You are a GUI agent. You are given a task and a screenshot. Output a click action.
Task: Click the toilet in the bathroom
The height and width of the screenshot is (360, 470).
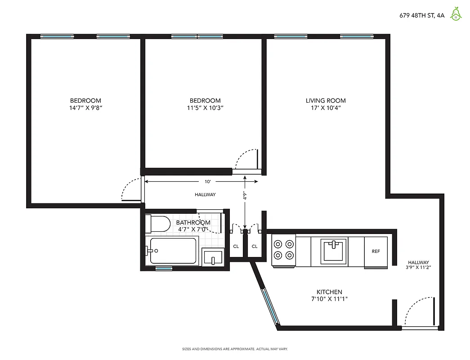tap(158, 223)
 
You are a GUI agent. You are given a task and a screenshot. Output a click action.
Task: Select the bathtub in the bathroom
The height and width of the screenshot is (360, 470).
tap(173, 251)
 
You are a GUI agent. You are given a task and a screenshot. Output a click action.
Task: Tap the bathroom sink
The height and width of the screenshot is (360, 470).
tap(213, 258)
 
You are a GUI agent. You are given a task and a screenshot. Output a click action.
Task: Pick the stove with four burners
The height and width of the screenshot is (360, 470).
tap(283, 250)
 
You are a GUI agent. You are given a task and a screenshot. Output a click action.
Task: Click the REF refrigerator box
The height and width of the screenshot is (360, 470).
tap(376, 252)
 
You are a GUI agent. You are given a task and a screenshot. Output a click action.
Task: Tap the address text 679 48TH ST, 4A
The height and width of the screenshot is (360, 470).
tap(421, 15)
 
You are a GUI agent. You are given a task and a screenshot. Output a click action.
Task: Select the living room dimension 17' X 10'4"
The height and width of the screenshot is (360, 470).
tap(326, 108)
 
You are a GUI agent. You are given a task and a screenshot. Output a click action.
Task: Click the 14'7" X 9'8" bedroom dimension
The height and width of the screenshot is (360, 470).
tap(85, 108)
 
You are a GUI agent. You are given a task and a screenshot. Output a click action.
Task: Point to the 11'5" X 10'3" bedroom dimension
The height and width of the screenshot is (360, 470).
tap(205, 108)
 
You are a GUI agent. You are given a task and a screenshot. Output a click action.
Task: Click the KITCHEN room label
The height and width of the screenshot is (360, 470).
tap(329, 292)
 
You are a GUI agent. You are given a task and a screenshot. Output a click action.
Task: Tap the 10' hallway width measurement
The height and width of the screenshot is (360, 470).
tap(207, 182)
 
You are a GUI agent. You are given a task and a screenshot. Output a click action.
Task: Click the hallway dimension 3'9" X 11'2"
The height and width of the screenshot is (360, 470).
tap(418, 267)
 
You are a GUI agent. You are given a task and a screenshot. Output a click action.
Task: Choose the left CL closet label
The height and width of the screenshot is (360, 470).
tap(236, 246)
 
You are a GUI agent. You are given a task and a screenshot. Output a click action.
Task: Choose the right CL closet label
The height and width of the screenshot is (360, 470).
tap(255, 246)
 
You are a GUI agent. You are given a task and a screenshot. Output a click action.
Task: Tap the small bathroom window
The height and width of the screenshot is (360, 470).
tap(164, 269)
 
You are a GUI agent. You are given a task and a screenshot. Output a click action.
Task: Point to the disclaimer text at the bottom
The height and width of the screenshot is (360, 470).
tap(234, 349)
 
